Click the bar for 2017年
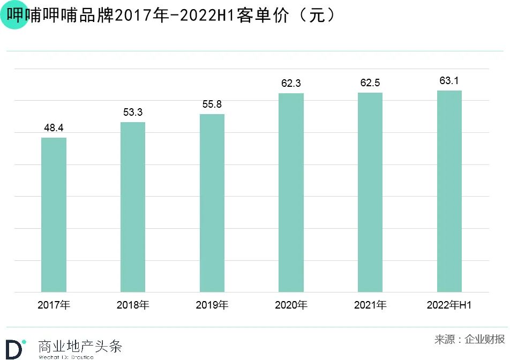[x=54, y=215]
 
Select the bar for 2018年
[x=133, y=207]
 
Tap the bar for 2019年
[x=212, y=203]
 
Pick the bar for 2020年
[x=291, y=193]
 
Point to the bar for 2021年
[x=370, y=192]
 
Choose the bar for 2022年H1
[x=449, y=191]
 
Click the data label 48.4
[x=54, y=128]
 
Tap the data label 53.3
[x=133, y=112]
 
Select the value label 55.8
[x=212, y=104]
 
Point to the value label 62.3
[x=291, y=84]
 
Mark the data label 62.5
[x=370, y=83]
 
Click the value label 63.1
[x=449, y=81]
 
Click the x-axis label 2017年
[x=54, y=305]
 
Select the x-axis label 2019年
[x=212, y=305]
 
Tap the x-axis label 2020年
[x=291, y=305]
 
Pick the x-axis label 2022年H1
[x=449, y=305]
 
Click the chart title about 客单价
[x=171, y=16]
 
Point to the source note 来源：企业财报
[x=469, y=339]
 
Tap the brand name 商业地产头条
[x=80, y=346]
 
